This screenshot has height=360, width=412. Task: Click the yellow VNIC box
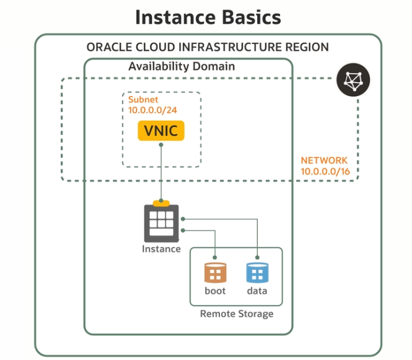click(x=161, y=131)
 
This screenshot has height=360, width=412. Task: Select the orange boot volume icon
click(x=215, y=273)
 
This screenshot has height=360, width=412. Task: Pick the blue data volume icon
click(x=256, y=273)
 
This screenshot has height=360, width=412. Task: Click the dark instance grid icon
click(x=161, y=222)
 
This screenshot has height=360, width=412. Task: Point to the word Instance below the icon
click(x=161, y=249)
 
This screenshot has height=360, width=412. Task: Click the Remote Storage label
click(x=236, y=314)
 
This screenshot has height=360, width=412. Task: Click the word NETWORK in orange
click(x=324, y=160)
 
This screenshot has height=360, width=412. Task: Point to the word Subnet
click(x=143, y=99)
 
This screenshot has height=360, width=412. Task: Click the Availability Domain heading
click(x=182, y=66)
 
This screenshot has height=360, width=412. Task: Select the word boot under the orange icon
click(x=215, y=291)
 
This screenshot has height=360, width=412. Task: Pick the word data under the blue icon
click(x=256, y=291)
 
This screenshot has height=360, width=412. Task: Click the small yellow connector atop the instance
click(x=161, y=202)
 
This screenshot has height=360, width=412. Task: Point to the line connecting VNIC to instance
click(x=161, y=173)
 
